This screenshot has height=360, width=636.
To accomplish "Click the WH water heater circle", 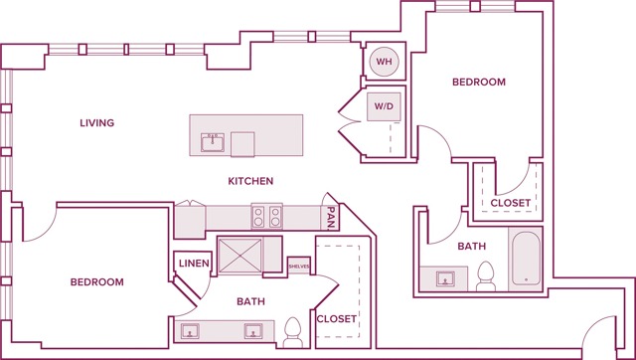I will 383,63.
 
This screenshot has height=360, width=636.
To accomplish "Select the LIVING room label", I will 97,123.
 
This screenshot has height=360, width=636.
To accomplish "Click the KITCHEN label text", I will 250,181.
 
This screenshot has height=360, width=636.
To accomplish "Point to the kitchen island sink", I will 213,141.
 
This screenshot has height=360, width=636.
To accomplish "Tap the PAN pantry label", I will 330,216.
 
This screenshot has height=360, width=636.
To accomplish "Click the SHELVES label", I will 300,267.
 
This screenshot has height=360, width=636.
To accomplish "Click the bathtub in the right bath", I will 525,261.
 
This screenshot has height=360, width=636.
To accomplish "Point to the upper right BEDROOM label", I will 479,83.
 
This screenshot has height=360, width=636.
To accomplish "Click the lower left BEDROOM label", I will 97,282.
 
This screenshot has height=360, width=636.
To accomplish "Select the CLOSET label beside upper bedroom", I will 511,203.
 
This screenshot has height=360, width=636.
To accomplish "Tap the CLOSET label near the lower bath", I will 336,318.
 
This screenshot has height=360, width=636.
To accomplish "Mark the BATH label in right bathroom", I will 472,246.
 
